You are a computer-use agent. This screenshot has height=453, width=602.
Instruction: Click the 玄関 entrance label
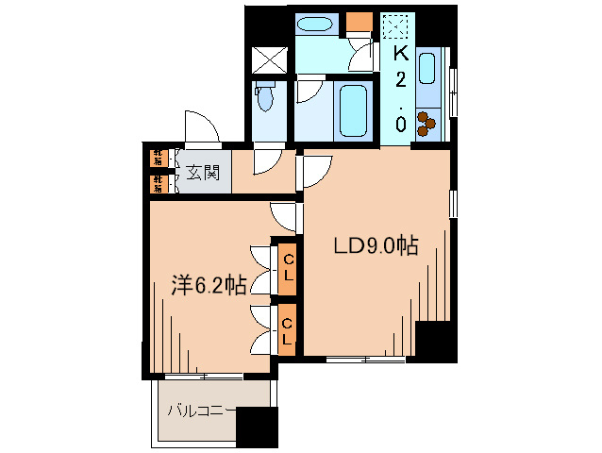click(x=202, y=172)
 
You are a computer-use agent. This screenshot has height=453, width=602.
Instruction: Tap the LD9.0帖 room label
click(x=376, y=247)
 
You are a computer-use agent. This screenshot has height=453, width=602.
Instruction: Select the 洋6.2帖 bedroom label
click(x=209, y=284)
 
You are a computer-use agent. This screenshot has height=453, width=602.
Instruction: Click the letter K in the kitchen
click(x=401, y=55)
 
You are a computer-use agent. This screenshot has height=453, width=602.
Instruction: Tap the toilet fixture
click(x=265, y=96)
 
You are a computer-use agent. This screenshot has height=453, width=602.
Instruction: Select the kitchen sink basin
click(x=426, y=69)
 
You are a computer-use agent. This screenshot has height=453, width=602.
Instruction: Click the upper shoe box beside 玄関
click(x=159, y=158)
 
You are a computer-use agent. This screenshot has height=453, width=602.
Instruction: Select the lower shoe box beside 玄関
click(x=159, y=183)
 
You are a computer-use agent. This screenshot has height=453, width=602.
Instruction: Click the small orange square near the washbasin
click(x=359, y=23)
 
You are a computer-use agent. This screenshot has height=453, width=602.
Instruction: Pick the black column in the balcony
click(x=258, y=427)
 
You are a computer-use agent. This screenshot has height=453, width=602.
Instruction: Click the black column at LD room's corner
click(x=435, y=341)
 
